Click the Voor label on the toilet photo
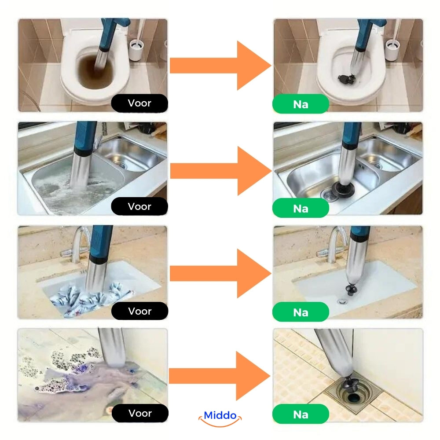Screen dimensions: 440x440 click(x=139, y=103)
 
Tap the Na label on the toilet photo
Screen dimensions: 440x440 click(x=301, y=105)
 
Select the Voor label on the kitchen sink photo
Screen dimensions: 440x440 click(x=139, y=206)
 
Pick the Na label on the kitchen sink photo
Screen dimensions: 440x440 click(x=301, y=208)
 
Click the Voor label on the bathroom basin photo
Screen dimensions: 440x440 click(x=139, y=311)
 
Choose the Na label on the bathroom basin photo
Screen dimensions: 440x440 click(x=301, y=312)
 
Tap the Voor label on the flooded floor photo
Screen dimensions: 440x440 click(x=139, y=413)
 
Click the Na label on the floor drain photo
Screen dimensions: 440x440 click(x=301, y=414)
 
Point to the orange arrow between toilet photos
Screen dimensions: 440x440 click(x=220, y=66)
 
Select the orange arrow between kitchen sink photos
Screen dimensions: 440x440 click(x=220, y=171)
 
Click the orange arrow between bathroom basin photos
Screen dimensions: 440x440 click(x=220, y=273)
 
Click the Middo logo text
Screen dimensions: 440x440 click(x=220, y=416)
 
